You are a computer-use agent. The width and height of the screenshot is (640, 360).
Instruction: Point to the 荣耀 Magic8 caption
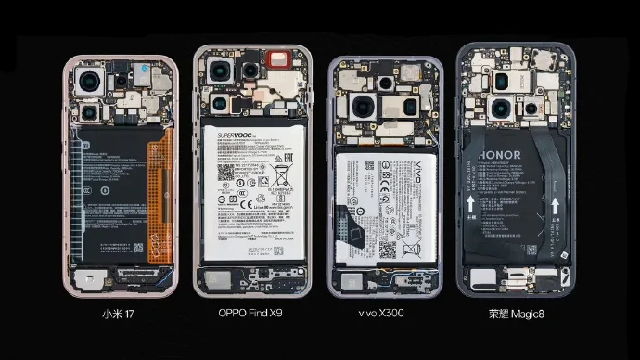[x=514, y=314]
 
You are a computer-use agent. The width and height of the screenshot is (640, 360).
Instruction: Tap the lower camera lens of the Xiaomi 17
[x=91, y=113]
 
